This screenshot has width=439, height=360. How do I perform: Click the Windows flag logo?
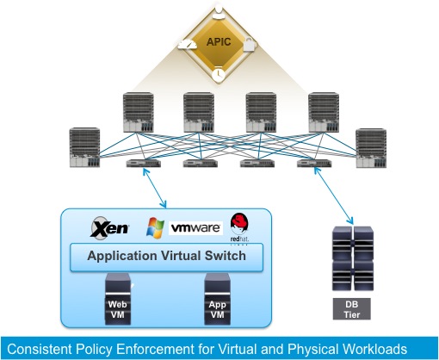point(156,228)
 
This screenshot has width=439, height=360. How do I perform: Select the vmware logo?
point(196,229)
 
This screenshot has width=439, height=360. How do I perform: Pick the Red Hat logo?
point(238,226)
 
